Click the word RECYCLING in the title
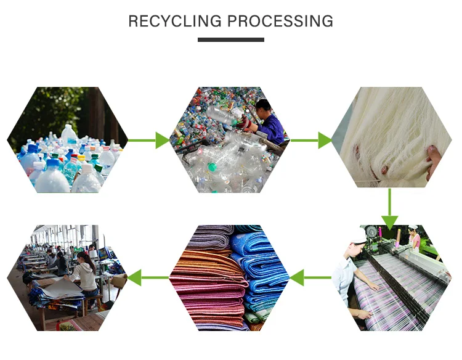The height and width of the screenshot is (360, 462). click(175, 21)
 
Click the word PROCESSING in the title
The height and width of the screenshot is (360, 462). click(280, 21)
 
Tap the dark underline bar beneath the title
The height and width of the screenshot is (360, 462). click(231, 40)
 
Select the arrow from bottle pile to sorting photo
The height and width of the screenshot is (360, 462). click(149, 141)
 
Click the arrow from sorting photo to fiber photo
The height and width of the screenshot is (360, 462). click(312, 141)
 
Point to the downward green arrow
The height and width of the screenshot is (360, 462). click(390, 209)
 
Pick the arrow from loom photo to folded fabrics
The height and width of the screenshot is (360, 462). click(310, 277)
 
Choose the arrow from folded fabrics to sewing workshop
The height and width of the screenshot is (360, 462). click(148, 277)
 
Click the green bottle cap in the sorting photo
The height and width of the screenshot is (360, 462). click(212, 167)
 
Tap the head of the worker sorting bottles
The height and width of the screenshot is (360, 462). click(263, 105)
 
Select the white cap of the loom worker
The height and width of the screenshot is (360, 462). click(358, 235)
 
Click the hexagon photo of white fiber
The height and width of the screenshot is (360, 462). click(392, 137)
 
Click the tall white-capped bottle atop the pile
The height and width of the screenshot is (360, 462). click(69, 135)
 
